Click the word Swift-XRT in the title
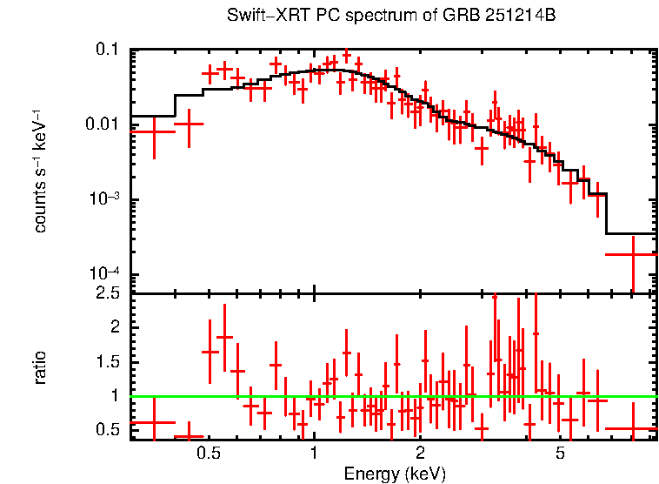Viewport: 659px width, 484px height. click(x=260, y=17)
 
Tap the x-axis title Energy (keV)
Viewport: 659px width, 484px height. click(x=395, y=474)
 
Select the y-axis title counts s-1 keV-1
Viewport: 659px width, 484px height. click(x=40, y=171)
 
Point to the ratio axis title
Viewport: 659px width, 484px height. click(x=40, y=367)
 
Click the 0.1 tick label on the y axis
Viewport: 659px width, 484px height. click(x=107, y=50)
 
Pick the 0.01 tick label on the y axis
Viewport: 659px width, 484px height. click(x=101, y=124)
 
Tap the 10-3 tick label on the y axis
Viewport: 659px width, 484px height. click(x=103, y=199)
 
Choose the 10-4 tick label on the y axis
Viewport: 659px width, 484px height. click(x=103, y=274)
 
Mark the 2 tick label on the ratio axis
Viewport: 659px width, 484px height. click(x=113, y=327)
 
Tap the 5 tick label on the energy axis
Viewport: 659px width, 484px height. click(x=561, y=453)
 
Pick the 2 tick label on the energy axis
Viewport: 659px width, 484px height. click(x=420, y=453)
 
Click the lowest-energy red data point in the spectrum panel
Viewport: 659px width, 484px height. click(x=154, y=131)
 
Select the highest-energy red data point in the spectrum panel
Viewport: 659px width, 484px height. click(x=632, y=254)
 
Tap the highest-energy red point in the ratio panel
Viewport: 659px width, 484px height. click(x=632, y=428)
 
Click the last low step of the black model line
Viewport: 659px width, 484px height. click(x=630, y=233)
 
